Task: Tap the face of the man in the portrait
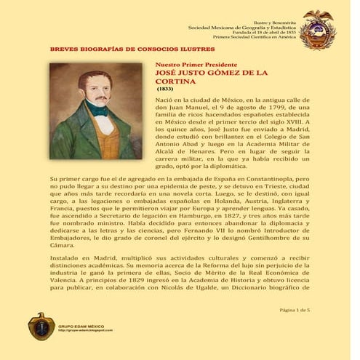[90, 94]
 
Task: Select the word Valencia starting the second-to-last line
[64, 280]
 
